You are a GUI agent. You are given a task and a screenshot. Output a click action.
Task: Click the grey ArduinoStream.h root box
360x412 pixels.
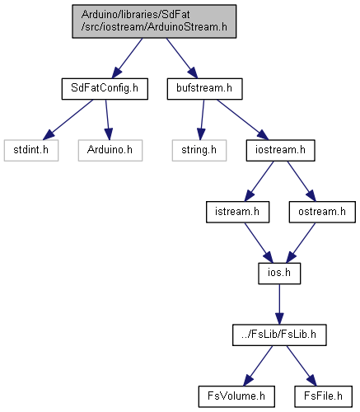pos(154,21)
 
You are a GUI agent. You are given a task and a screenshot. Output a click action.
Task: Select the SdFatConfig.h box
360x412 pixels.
pos(105,89)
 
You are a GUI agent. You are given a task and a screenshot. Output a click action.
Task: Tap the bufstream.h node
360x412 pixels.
pos(204,89)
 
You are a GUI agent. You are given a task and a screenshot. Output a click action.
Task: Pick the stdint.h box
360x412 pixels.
pos(31,150)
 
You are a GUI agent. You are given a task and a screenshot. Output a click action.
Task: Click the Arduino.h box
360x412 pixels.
pos(110,150)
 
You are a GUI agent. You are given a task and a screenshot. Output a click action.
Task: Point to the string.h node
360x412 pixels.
pos(199,150)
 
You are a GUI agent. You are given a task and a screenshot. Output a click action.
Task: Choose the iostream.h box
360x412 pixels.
pos(280,150)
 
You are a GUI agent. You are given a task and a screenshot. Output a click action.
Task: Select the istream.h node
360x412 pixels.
pos(237,212)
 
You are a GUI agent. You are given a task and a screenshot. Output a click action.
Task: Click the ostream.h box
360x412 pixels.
pos(322,212)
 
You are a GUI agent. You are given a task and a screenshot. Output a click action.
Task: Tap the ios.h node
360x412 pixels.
pos(279,274)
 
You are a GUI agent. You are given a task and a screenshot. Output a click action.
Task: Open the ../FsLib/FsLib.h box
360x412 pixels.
pos(279,335)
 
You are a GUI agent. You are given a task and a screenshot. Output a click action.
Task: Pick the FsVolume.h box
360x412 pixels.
pos(236,396)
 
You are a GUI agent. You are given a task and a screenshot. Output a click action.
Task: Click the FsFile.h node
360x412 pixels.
pos(323,396)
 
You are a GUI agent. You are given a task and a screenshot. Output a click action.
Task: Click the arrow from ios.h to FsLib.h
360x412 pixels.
pos(279,304)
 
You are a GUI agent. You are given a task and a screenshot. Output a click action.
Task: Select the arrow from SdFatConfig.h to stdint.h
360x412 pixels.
pos(68,119)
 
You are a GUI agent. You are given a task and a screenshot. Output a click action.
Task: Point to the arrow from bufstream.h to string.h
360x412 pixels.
pos(202,119)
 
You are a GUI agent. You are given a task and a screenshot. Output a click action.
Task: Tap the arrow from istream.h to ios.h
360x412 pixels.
pos(259,243)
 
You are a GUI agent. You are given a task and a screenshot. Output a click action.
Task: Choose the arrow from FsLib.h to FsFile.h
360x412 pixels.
pos(302,366)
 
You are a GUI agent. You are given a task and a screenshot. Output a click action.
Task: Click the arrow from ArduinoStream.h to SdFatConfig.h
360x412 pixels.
pos(127,59)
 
